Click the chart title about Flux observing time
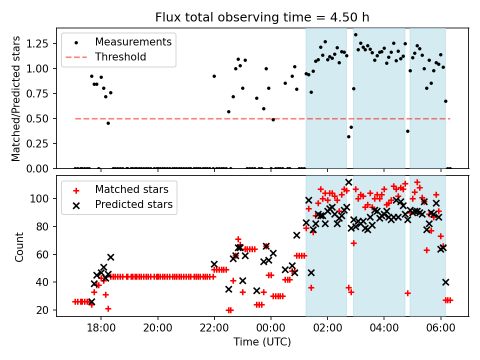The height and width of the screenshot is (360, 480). click(262, 17)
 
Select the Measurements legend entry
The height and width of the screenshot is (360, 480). click(133, 41)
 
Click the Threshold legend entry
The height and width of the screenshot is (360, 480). click(120, 57)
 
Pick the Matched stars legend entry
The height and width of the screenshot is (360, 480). click(131, 189)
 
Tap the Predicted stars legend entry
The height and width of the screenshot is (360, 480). click(133, 204)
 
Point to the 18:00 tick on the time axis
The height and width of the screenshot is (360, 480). click(101, 330)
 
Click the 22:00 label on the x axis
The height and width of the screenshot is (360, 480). click(214, 330)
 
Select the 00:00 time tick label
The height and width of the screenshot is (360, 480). click(271, 330)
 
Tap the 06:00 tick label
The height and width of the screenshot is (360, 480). click(440, 330)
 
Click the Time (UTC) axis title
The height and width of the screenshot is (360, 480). click(262, 342)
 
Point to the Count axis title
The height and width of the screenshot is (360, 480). click(19, 246)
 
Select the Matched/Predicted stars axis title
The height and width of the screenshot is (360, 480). click(16, 98)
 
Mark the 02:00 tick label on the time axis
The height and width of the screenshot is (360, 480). click(327, 330)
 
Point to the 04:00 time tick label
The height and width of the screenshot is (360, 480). click(384, 330)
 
